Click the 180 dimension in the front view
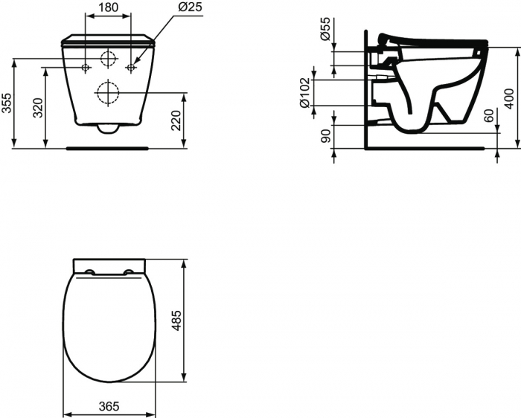tap(109, 8)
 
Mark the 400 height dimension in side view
tap(509, 97)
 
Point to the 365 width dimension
tap(109, 408)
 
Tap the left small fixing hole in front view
tap(86, 68)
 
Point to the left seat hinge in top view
tap(89, 271)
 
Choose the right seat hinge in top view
tap(130, 271)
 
